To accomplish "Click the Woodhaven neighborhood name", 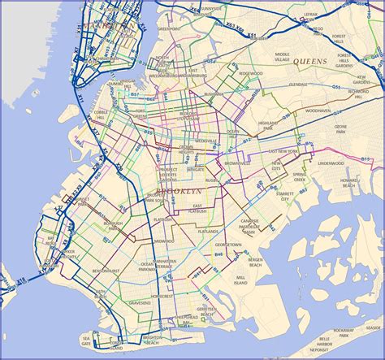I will tap(318, 109).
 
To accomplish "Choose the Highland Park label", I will tap(267, 124).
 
